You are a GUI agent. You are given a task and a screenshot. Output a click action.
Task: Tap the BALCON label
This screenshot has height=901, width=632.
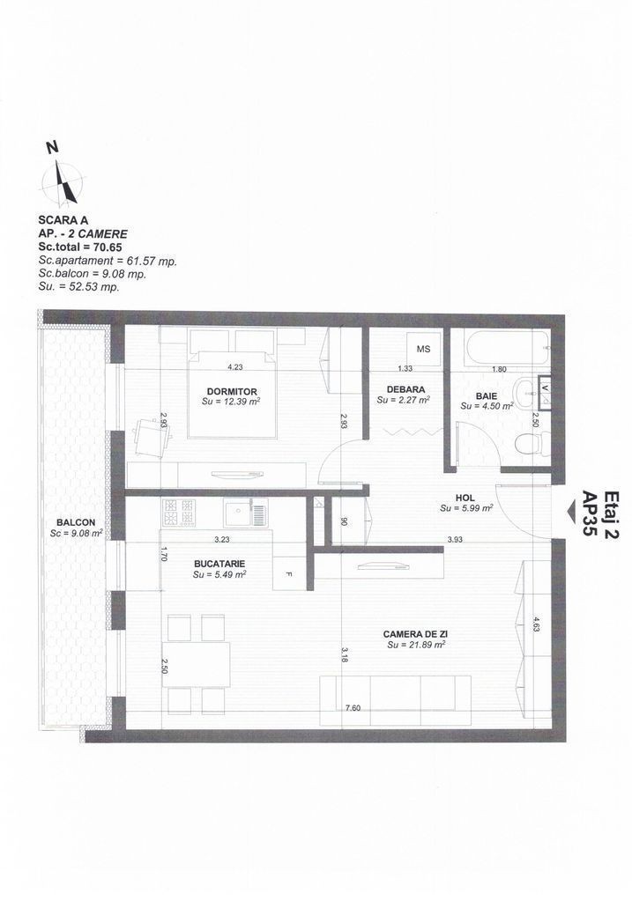click(x=76, y=523)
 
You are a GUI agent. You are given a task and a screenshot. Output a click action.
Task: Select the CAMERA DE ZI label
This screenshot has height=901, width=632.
click(x=416, y=634)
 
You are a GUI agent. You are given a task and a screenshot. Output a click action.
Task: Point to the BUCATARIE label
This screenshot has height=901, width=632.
click(x=219, y=564)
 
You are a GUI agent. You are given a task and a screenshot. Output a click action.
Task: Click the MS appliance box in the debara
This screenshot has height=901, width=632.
click(x=423, y=349)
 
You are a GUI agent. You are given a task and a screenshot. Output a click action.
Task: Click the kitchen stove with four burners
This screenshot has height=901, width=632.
click(x=179, y=513)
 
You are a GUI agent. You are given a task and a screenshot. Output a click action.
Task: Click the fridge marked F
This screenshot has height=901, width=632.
click(x=289, y=573)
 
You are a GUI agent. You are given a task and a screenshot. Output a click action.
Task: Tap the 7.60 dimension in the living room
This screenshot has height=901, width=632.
click(x=353, y=708)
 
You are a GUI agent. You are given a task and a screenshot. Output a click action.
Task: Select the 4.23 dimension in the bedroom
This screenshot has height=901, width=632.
click(x=235, y=367)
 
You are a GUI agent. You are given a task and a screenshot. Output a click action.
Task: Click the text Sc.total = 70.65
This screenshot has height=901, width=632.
click(x=80, y=247)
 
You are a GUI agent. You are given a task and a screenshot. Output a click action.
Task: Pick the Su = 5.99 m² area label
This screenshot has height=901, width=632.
click(x=466, y=508)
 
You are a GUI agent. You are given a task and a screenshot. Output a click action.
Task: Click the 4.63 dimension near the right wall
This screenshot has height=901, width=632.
click(x=536, y=624)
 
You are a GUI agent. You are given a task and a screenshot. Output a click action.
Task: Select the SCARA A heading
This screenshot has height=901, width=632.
click(x=63, y=219)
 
